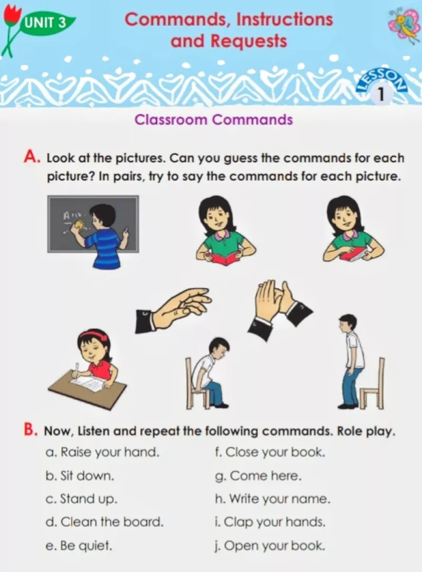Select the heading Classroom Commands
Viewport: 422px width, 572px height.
click(x=214, y=120)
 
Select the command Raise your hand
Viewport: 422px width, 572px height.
click(x=103, y=452)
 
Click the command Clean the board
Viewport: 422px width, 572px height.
click(x=104, y=522)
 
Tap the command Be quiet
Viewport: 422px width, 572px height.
click(x=79, y=546)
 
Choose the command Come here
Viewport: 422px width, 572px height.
click(x=258, y=476)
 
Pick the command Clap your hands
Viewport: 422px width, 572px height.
click(x=270, y=522)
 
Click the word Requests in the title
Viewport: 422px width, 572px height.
click(x=249, y=41)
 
